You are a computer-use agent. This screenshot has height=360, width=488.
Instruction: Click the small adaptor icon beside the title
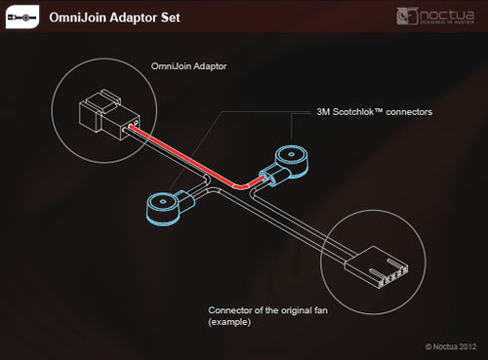pos(23,17)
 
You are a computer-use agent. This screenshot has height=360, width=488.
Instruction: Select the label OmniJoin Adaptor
pos(189,68)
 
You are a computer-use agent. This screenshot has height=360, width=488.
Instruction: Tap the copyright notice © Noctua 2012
pos(452,346)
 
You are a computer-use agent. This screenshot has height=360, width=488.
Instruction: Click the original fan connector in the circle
pos(388,262)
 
